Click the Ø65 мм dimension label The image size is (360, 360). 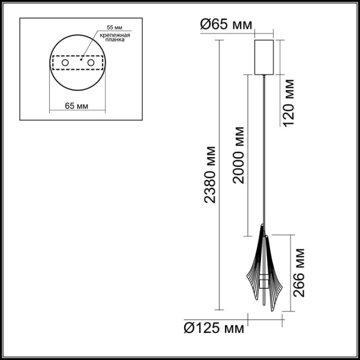coord(226,25)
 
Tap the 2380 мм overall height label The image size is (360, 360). coord(211,174)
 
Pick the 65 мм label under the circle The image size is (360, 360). coord(77,106)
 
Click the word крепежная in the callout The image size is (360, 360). coord(114,37)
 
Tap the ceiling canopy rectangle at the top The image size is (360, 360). coord(264,57)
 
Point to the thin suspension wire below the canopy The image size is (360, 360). coord(264,150)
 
